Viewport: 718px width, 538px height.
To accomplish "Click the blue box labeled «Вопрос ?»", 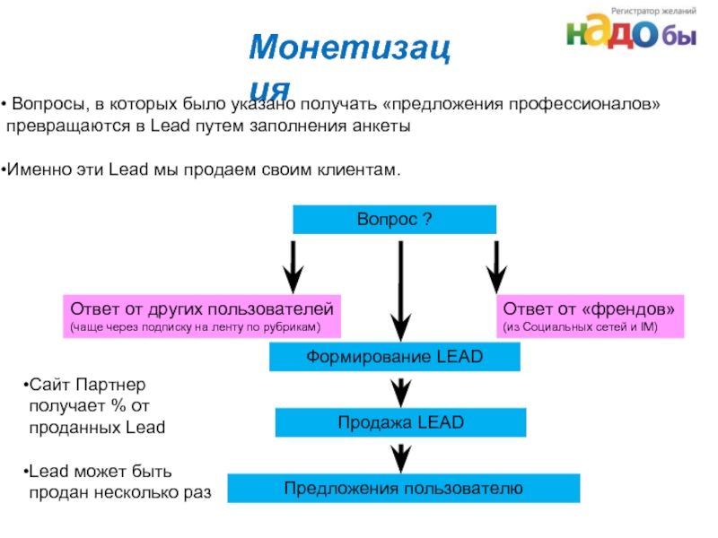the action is [x=395, y=220].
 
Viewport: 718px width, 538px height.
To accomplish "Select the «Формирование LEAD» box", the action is [x=395, y=358].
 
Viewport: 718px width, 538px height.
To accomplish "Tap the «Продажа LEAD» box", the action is [x=400, y=422].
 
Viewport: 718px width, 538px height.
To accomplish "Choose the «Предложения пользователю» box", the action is [x=404, y=489].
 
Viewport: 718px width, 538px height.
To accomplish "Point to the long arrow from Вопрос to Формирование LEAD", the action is [x=400, y=287].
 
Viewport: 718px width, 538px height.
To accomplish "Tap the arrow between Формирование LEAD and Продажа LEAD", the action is [x=401, y=390].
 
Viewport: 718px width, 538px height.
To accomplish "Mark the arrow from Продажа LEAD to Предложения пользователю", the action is [x=401, y=456].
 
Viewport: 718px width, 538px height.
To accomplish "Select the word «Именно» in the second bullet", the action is [x=32, y=169].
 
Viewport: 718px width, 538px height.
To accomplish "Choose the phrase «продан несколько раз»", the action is [x=119, y=491].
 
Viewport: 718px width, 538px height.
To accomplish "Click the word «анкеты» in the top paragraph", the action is [x=385, y=126].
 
